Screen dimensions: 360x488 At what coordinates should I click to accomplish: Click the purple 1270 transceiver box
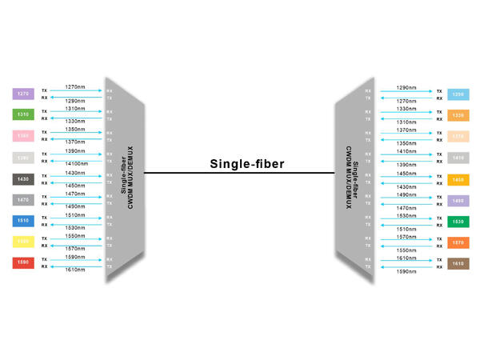(x=23, y=94)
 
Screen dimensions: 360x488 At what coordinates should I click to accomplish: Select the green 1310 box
(x=23, y=114)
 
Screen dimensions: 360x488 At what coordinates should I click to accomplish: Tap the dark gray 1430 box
(x=23, y=178)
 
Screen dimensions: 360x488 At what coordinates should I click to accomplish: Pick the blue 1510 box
(x=23, y=220)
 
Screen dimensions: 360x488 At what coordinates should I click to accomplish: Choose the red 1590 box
(x=23, y=262)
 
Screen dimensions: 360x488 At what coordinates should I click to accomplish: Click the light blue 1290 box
(x=458, y=94)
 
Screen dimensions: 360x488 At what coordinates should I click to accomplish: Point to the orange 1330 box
(x=458, y=115)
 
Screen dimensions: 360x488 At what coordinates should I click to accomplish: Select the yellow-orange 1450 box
(x=458, y=179)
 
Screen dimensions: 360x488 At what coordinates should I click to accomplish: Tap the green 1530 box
(x=458, y=221)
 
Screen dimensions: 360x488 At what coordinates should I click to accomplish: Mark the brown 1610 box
(x=458, y=262)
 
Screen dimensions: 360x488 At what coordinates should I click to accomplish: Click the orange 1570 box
(x=458, y=242)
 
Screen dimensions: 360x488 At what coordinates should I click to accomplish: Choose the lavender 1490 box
(x=458, y=200)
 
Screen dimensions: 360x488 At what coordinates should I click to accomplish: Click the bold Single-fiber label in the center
(x=247, y=164)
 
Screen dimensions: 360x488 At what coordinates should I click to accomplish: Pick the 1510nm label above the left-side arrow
(x=75, y=215)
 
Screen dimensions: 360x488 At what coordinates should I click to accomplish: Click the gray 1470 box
(x=23, y=199)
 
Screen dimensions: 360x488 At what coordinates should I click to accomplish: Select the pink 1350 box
(x=23, y=136)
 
